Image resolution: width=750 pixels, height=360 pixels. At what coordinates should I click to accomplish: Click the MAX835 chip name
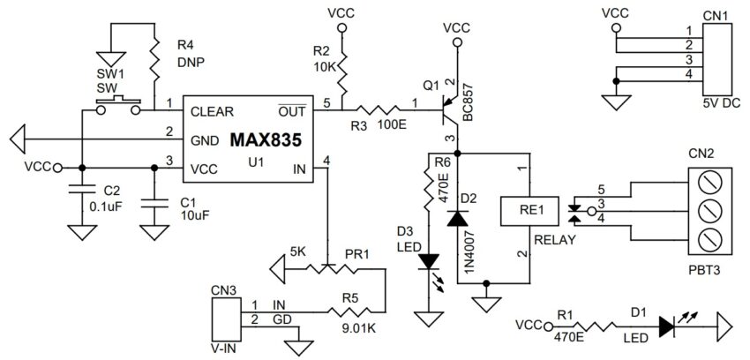266,139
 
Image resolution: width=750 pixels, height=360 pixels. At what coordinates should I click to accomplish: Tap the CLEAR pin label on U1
212,111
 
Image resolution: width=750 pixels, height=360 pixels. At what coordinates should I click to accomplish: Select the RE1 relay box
529,210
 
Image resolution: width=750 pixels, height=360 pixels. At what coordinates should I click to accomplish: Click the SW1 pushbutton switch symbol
118,106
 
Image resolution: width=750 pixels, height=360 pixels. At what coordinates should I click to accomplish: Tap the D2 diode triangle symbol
458,218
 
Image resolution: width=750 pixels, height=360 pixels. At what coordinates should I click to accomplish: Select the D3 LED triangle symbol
429,261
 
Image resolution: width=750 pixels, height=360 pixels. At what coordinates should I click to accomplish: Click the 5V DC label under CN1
717,103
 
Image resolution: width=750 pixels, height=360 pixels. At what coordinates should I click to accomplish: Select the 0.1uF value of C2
105,206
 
